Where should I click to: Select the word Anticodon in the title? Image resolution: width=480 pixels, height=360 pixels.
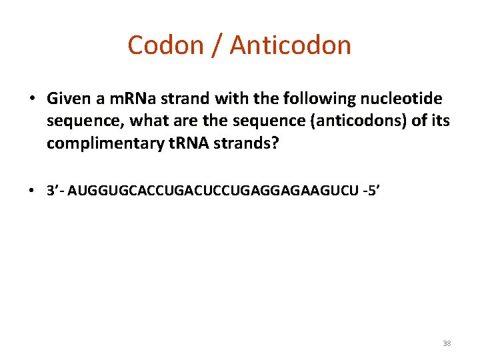pos(291,45)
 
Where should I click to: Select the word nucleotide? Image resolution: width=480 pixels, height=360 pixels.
pos(404,99)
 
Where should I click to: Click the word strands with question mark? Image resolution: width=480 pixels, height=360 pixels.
pos(251,142)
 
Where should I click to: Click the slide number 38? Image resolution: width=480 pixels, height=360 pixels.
pos(447,343)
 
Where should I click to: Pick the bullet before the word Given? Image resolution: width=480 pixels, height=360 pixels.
pos(33,99)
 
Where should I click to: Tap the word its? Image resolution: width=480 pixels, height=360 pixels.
pos(441,121)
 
